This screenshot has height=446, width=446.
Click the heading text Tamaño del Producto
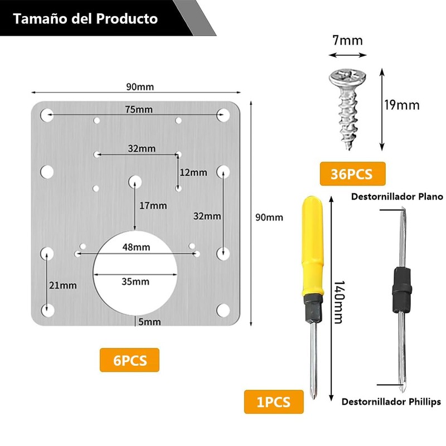[85, 19]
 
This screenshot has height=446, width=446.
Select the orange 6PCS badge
[130, 360]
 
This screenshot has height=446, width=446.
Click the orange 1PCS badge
[274, 401]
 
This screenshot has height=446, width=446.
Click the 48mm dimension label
[137, 246]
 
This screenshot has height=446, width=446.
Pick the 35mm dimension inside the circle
[136, 281]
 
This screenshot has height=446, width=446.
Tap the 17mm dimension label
[153, 206]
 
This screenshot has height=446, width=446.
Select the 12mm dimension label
[193, 172]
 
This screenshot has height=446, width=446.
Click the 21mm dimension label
[63, 285]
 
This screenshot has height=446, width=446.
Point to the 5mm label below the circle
[149, 322]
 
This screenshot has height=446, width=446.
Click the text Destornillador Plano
[396, 196]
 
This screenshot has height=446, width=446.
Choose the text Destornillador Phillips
[391, 401]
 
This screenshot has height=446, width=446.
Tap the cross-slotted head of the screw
[346, 77]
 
